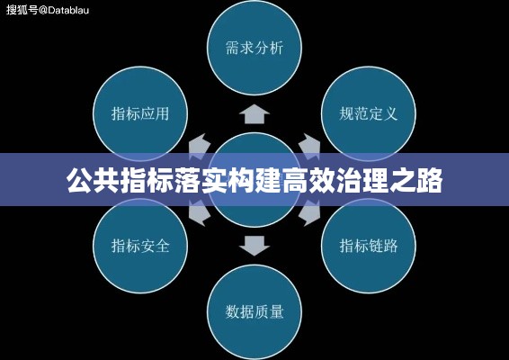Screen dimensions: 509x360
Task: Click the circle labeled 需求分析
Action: click(254, 48)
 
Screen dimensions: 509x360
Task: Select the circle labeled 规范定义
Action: click(369, 113)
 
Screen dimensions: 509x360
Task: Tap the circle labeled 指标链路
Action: click(369, 246)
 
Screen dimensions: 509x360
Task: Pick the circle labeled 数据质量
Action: click(254, 312)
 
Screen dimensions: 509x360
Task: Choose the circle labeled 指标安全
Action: click(140, 246)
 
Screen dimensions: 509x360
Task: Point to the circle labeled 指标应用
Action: click(140, 113)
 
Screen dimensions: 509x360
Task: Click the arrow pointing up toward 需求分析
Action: click(254, 113)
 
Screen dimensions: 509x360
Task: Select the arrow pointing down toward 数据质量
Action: click(254, 246)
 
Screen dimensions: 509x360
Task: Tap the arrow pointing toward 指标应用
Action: click(200, 147)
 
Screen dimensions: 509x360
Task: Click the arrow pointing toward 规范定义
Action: click(309, 147)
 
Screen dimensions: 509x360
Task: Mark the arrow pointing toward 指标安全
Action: click(200, 212)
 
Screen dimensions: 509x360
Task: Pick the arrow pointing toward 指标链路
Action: click(309, 212)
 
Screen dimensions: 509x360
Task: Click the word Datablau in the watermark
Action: click(68, 10)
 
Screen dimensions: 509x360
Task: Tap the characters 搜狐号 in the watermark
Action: click(22, 10)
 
